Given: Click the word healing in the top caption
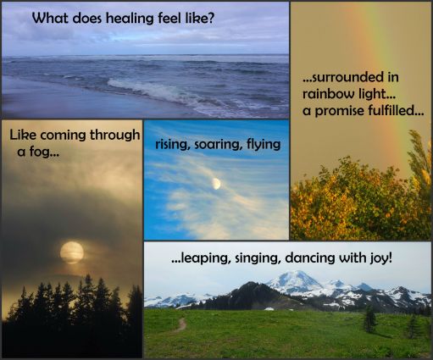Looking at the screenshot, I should click(x=137, y=17).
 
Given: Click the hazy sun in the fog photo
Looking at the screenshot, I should click(x=72, y=251).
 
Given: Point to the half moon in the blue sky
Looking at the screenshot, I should click(x=217, y=182).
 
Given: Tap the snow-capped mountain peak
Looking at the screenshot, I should click(x=295, y=280).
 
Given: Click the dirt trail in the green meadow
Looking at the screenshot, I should click(x=176, y=324).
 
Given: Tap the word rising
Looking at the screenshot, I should click(x=172, y=144).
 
